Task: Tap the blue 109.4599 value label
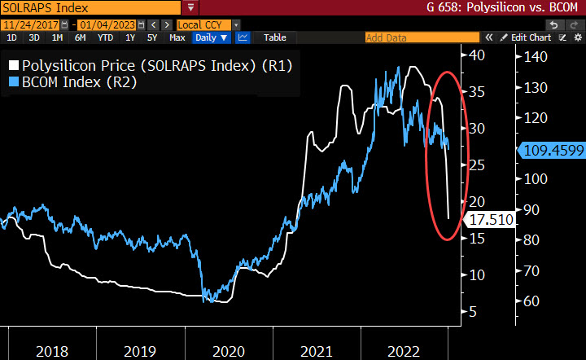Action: [x=551, y=149]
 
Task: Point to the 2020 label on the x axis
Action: [x=228, y=351]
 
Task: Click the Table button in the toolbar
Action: [x=274, y=37]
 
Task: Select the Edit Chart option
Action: [x=529, y=37]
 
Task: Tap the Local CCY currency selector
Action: [x=207, y=24]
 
